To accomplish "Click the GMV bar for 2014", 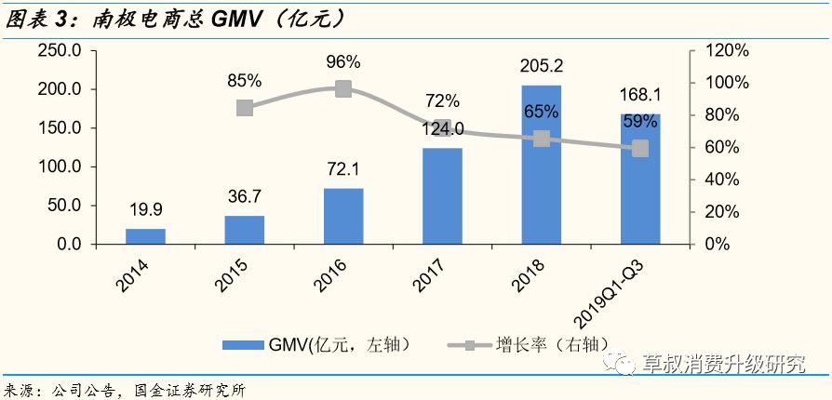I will tap(145, 236).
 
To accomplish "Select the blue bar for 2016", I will tap(343, 216).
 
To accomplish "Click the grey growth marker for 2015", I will tap(245, 107).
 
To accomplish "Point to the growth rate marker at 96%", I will tap(343, 89).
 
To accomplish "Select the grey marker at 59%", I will tap(640, 149).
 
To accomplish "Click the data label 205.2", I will tap(541, 67).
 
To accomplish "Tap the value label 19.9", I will tap(145, 211).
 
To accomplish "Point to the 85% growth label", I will tap(244, 81).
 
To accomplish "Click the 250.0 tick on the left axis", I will tap(60, 50).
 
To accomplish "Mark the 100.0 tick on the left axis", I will tap(60, 167).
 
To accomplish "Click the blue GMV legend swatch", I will tap(245, 345).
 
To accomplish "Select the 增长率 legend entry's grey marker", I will tap(470, 345).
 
